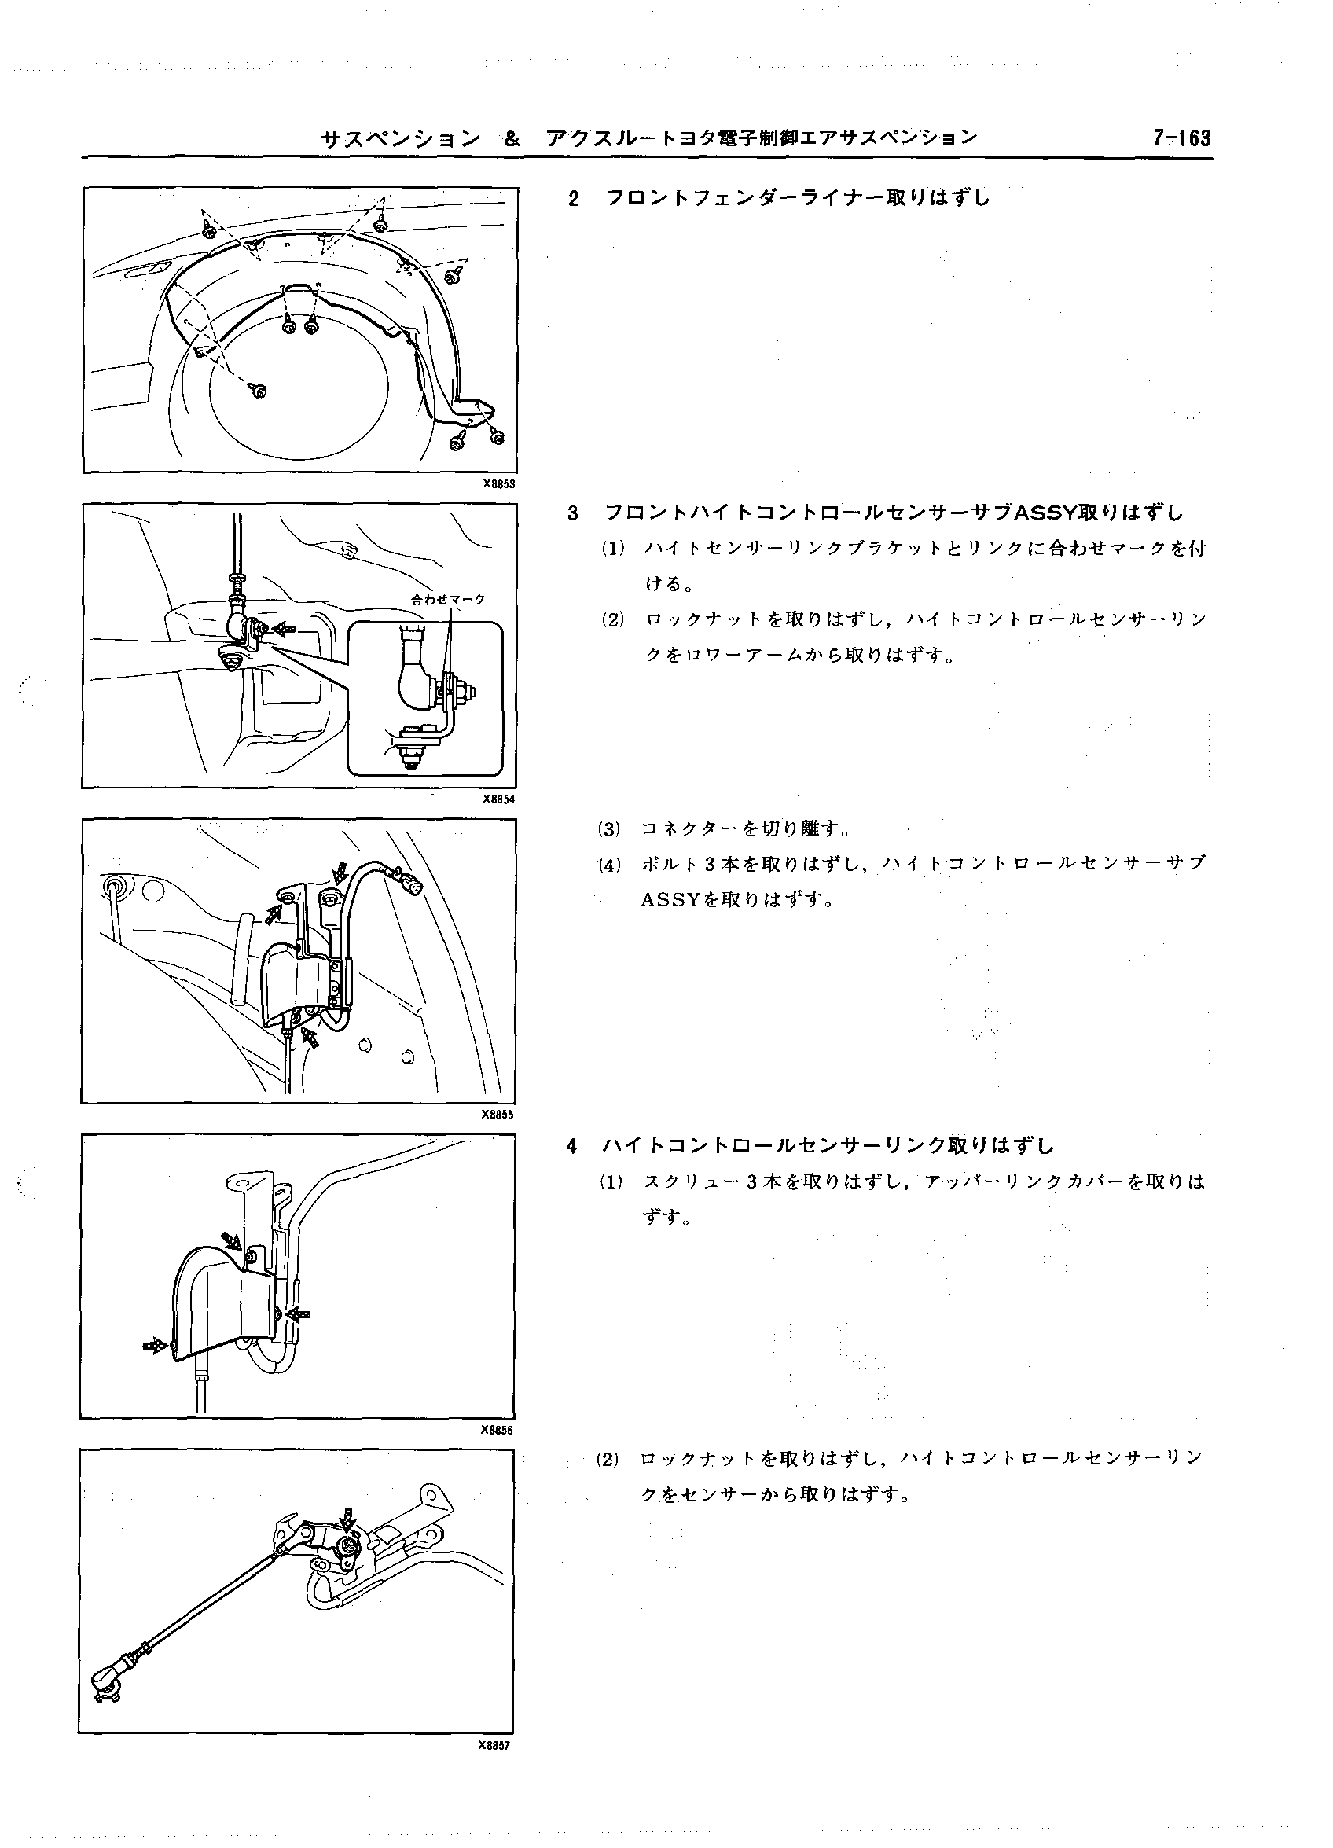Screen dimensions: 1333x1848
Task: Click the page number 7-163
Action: (1181, 138)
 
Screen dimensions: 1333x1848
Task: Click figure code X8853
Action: (498, 483)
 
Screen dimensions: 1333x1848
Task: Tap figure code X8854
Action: (498, 799)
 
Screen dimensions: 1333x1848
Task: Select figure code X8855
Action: (497, 1115)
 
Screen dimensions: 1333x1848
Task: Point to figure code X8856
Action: (496, 1429)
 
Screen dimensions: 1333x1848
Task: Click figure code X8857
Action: (494, 1744)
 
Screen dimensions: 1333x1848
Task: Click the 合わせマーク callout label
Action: (447, 600)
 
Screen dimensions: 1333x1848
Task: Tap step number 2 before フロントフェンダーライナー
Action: (574, 199)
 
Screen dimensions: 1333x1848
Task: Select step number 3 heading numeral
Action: (573, 514)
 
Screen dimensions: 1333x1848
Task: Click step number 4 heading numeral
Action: (572, 1146)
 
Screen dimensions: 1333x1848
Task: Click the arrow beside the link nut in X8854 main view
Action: (283, 628)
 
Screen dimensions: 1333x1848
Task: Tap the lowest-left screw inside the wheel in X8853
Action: (259, 392)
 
